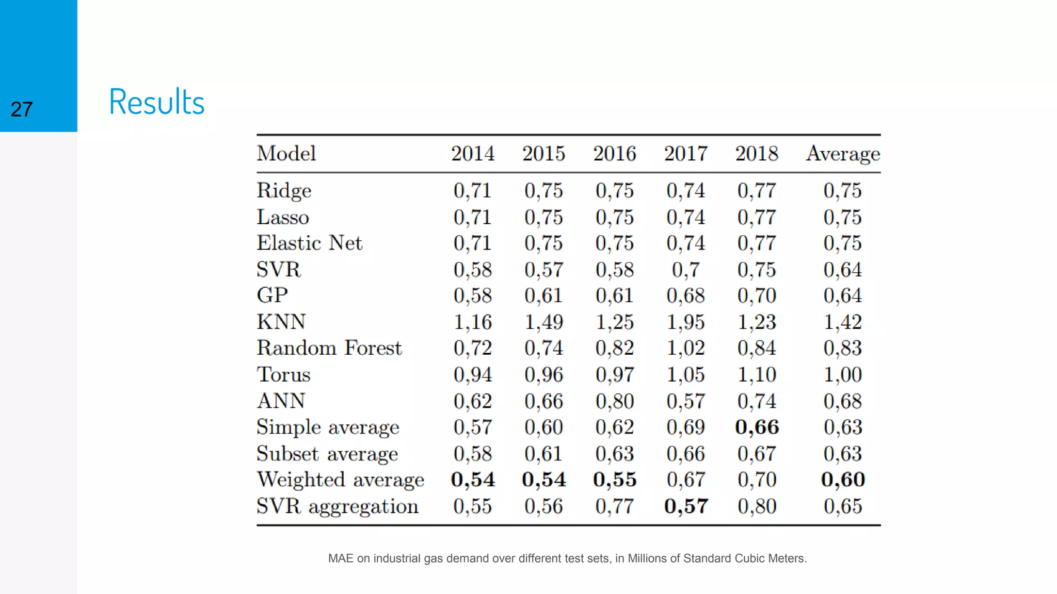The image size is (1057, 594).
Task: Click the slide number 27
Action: [x=22, y=109]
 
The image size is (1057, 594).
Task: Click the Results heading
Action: [x=157, y=102]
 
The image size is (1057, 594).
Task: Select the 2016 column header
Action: [x=614, y=154]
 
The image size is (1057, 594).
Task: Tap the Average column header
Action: [x=843, y=154]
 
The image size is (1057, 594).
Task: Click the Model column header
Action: [x=286, y=154]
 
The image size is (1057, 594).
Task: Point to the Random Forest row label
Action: [x=329, y=348]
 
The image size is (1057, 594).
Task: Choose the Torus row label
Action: [x=284, y=375]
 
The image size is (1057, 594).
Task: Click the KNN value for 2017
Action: [x=685, y=322]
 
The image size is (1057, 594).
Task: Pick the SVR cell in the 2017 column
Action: [x=685, y=270]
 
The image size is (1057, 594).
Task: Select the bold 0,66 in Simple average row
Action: [x=757, y=427]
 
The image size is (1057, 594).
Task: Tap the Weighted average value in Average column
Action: [x=843, y=480]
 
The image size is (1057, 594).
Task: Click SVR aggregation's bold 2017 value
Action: [x=686, y=506]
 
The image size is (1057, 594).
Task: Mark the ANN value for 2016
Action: [x=614, y=401]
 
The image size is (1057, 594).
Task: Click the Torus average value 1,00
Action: [x=843, y=375]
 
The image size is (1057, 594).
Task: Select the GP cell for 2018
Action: [x=757, y=295]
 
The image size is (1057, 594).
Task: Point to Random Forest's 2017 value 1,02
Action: [x=685, y=348]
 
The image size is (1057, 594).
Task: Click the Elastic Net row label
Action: [x=310, y=243]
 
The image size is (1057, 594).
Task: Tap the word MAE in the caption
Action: [x=341, y=558]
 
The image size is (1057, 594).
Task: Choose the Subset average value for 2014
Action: [x=472, y=454]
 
